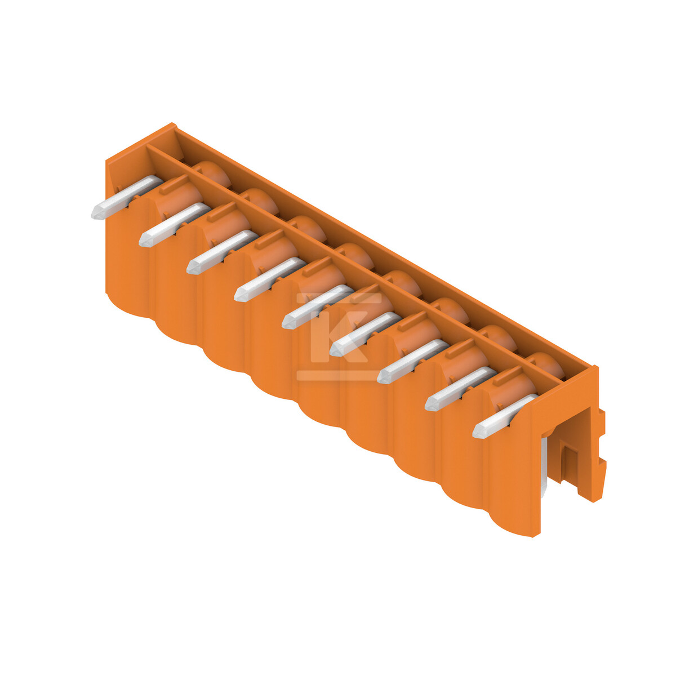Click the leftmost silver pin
[x=127, y=197]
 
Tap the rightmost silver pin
[x=505, y=416]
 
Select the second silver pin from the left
[x=174, y=225]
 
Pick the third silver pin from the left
[x=222, y=252]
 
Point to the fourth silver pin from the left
[x=270, y=279]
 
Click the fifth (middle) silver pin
[x=318, y=306]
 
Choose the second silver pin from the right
[x=461, y=389]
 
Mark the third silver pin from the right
[x=413, y=361]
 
